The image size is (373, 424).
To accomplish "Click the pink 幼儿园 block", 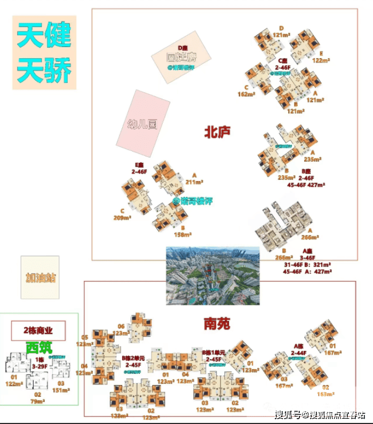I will tap(143, 123).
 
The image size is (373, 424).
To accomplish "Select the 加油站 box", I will tap(40, 278).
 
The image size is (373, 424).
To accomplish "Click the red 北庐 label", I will tap(217, 132).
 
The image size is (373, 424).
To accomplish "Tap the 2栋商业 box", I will tap(38, 331).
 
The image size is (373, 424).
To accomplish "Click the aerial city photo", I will tap(213, 276).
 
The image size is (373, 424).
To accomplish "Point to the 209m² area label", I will tap(122, 218).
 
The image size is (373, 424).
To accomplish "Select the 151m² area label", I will tap(61, 390).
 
